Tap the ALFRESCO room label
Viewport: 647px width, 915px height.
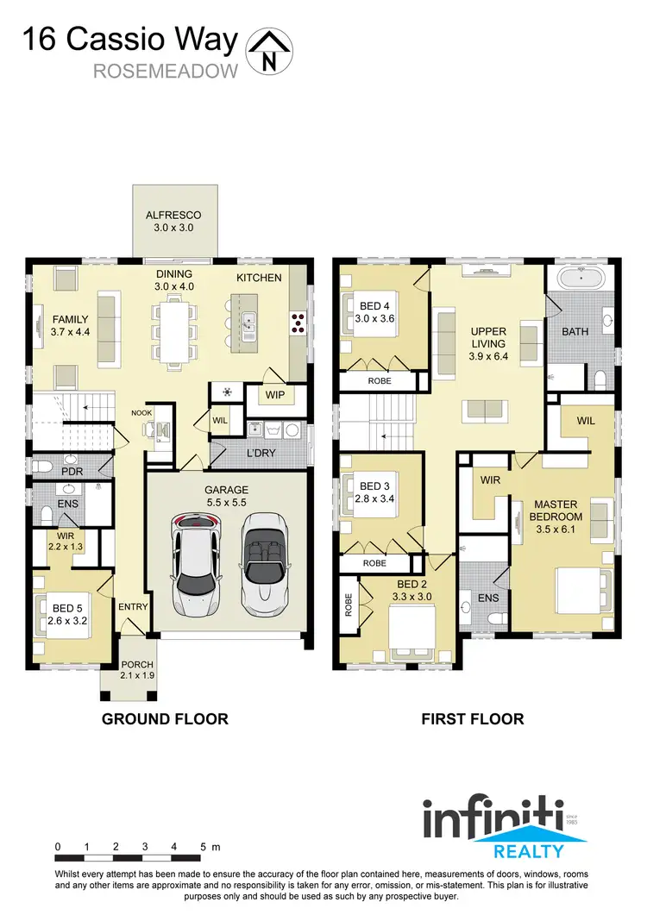point(173,216)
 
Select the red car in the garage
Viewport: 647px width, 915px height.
point(198,564)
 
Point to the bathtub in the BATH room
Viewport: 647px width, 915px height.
point(580,279)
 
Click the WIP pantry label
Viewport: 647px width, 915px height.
point(274,395)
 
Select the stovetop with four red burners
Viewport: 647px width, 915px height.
point(298,323)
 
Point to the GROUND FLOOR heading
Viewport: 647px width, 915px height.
point(165,718)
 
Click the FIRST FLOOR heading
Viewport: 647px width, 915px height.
point(472,718)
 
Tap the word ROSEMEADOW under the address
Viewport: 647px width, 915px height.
point(165,71)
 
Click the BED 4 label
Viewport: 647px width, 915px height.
point(375,306)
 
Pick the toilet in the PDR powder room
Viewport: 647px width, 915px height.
point(39,467)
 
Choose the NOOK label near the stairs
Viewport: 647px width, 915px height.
point(142,413)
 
